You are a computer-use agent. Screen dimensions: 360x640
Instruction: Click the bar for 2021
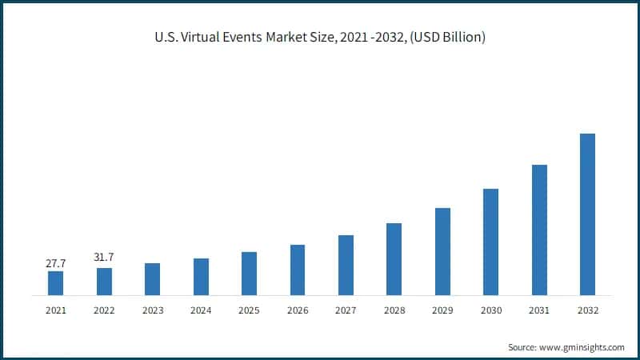(x=55, y=283)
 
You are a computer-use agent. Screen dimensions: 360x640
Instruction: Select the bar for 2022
(x=104, y=282)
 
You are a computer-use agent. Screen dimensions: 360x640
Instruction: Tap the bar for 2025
(x=250, y=274)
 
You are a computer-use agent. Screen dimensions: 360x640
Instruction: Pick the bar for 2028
(x=394, y=259)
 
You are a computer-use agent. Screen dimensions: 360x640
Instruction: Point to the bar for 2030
(x=490, y=242)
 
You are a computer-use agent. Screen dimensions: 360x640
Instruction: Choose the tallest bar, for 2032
(x=587, y=214)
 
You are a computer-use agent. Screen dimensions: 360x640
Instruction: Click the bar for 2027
(x=346, y=265)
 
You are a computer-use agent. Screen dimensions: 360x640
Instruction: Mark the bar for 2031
(x=539, y=230)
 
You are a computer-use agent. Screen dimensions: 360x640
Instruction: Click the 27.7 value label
(x=55, y=262)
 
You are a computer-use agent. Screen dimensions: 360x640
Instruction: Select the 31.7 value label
(x=104, y=257)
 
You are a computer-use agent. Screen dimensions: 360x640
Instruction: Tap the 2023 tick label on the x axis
(x=152, y=310)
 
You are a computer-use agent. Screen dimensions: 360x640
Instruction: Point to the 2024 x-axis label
(x=201, y=310)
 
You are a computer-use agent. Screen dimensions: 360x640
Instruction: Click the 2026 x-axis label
(x=298, y=310)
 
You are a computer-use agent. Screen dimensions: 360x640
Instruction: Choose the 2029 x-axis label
(x=442, y=310)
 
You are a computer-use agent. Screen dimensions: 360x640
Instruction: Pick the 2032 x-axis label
(x=587, y=310)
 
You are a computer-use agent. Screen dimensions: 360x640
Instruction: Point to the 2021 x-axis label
(x=55, y=310)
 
